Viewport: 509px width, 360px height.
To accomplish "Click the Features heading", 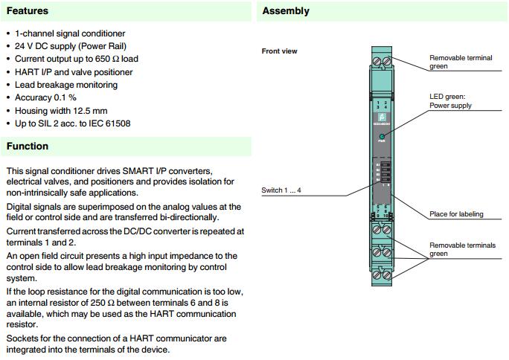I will point(28,11).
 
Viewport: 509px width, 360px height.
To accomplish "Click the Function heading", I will point(28,146).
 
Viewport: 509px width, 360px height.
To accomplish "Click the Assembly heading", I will point(286,11).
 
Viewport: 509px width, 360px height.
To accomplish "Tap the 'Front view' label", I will point(280,51).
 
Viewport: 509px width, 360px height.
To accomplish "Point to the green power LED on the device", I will point(382,138).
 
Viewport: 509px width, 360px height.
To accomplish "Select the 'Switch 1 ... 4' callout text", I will point(281,191).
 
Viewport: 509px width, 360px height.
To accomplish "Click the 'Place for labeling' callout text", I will point(456,214).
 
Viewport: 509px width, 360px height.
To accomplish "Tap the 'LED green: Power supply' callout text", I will point(451,101).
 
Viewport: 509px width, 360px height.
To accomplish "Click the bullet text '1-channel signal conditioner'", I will point(70,33).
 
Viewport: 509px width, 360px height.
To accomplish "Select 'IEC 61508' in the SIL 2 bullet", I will point(107,123).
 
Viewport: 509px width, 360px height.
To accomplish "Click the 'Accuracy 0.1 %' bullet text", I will point(45,97).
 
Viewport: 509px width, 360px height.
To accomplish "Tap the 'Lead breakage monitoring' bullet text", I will point(66,85).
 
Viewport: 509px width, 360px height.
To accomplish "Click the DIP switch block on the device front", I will point(382,172).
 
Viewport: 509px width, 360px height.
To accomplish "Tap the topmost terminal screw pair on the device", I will point(382,58).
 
